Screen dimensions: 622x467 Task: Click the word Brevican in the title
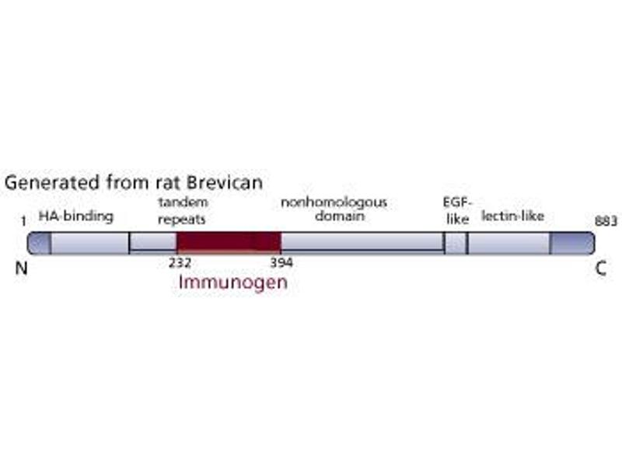[x=225, y=183]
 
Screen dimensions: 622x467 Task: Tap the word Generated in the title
[x=52, y=183]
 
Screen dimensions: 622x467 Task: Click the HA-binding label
[x=75, y=216]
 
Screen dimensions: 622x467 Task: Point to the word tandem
[x=183, y=202]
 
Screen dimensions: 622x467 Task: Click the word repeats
[x=182, y=219]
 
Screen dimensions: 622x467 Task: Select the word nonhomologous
[x=334, y=202]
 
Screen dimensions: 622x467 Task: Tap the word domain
[x=340, y=216]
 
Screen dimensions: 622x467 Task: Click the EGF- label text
[x=458, y=202]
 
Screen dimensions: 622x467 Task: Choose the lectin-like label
[x=512, y=216]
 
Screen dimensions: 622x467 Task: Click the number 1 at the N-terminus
[x=24, y=221]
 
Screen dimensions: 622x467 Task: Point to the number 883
[x=606, y=221]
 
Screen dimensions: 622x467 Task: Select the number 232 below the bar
[x=180, y=262]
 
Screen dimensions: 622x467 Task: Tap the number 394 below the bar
[x=281, y=262]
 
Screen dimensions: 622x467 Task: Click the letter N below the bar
[x=22, y=269]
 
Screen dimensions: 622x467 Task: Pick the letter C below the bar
[x=600, y=269]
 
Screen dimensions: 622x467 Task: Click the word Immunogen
[x=233, y=283]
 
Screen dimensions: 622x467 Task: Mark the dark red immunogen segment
[x=229, y=243]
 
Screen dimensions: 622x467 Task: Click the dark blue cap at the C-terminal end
[x=572, y=243]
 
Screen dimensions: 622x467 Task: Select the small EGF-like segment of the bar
[x=456, y=243]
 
